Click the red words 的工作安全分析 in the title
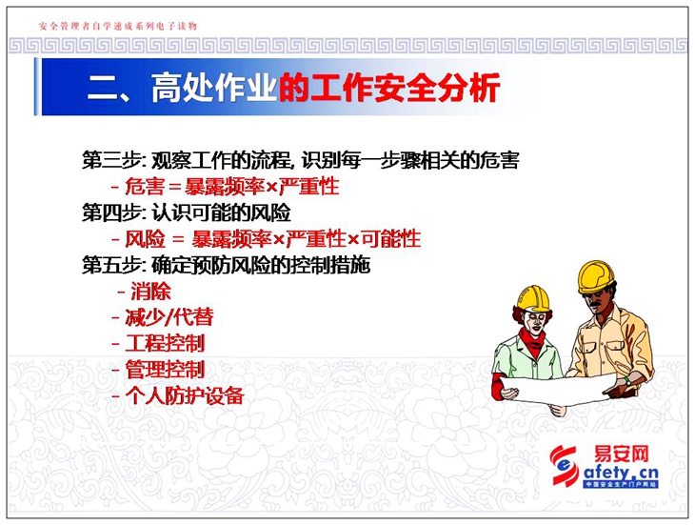tap(389, 88)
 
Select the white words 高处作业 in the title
tap(214, 88)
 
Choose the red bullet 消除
tap(150, 292)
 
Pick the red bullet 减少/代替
tap(169, 317)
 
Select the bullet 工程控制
tap(165, 344)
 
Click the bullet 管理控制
tap(165, 370)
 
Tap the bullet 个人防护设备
tap(185, 395)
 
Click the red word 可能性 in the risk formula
tap(390, 239)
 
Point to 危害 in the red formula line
tap(145, 187)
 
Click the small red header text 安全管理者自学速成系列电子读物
tap(118, 26)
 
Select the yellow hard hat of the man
tap(596, 276)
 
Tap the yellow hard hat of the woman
tap(534, 298)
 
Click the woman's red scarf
tap(532, 341)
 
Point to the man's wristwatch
tap(627, 380)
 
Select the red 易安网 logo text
tap(621, 454)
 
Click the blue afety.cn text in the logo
tap(620, 473)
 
